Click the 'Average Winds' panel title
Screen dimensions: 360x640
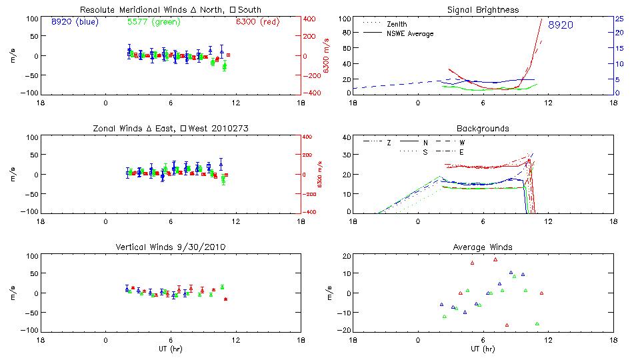483,247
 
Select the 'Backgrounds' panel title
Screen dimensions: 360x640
483,128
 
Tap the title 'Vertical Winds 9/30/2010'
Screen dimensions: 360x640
171,247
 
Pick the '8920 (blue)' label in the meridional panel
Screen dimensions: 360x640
73,22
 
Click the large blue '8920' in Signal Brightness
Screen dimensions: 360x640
560,25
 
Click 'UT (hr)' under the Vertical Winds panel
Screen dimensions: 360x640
171,349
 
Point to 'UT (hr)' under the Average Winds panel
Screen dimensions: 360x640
483,349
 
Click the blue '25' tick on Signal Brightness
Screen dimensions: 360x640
619,18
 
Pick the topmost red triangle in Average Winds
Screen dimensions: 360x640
495,259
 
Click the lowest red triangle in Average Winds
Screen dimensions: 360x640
507,325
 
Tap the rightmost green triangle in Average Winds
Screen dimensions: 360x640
537,323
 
